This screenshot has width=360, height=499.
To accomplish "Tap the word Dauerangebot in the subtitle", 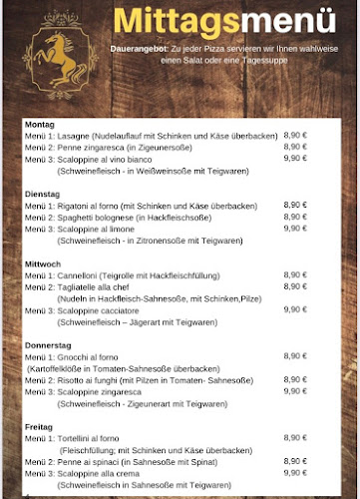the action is tap(136, 47).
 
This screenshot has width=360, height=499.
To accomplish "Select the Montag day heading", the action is tap(39, 124).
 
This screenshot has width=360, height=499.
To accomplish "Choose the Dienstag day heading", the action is tap(41, 194).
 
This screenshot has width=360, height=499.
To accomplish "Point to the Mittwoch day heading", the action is tap(42, 263).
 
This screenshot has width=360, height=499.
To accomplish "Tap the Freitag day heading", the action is tap(39, 426).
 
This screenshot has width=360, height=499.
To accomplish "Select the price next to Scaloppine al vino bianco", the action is tap(295, 158).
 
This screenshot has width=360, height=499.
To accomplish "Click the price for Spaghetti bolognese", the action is tap(295, 217).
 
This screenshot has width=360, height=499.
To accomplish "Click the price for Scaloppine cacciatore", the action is tap(295, 309).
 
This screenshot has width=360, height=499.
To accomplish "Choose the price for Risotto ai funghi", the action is tap(295, 379).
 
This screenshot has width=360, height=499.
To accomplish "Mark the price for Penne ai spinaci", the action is tap(295, 461).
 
